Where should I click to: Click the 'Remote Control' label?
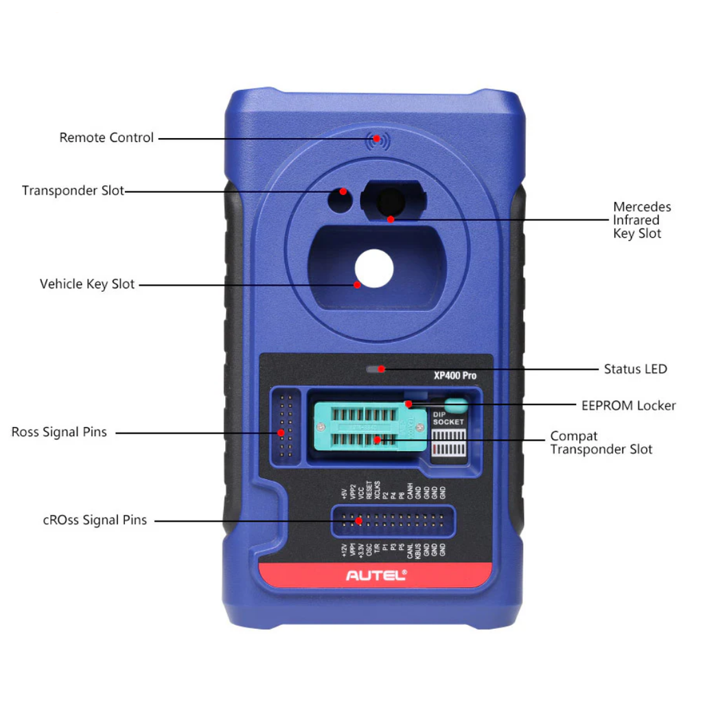(x=106, y=138)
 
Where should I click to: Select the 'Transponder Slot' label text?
(x=73, y=191)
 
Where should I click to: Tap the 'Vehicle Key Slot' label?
(x=87, y=284)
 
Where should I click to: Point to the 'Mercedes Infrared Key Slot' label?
(x=641, y=220)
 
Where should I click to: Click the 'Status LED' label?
(x=635, y=369)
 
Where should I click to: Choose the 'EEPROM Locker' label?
(x=628, y=406)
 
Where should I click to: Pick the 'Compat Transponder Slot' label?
(x=601, y=443)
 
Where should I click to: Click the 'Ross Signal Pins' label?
(x=59, y=433)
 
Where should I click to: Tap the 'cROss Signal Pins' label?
(x=95, y=520)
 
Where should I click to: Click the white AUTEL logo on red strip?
(x=376, y=575)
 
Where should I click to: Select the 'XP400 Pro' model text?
(x=454, y=376)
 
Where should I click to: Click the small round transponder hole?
(x=339, y=200)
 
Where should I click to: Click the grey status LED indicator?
(x=375, y=369)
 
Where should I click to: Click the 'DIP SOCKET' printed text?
(x=448, y=418)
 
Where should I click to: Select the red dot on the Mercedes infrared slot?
(x=390, y=220)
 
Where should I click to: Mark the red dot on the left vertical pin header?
(x=281, y=433)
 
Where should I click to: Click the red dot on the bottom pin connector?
(x=358, y=520)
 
